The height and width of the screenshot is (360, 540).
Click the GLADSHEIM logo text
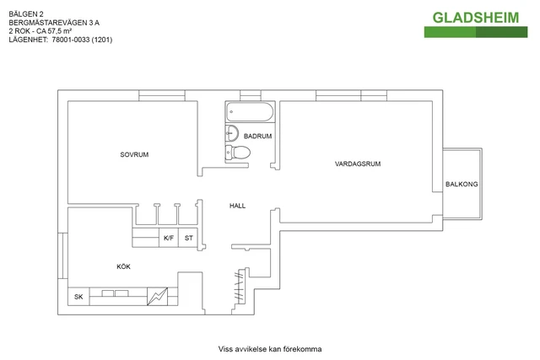tap(476, 18)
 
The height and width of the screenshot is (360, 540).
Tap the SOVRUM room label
tap(134, 155)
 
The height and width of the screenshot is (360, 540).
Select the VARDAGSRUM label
tap(358, 164)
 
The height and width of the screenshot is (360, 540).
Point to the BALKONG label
tap(462, 184)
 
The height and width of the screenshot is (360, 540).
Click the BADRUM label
tap(257, 137)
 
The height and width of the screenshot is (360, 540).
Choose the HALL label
tap(238, 206)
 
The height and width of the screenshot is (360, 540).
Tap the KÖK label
tap(124, 266)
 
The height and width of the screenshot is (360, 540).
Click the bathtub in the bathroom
tap(250, 111)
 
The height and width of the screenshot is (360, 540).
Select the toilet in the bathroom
tap(237, 152)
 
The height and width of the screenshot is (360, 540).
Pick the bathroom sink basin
tap(232, 133)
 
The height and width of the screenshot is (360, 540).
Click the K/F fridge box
tap(169, 238)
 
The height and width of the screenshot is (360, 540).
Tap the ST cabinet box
tap(188, 238)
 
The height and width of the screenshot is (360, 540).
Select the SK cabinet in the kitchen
tap(78, 297)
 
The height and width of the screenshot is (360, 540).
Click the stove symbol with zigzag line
tap(158, 297)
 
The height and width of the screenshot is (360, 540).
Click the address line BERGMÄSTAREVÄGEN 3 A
tap(54, 23)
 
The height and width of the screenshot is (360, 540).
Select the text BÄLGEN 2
tap(26, 14)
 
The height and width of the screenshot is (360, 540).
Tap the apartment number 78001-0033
tap(71, 40)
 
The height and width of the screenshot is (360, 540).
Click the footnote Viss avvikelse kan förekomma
tap(270, 349)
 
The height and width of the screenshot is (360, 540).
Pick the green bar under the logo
tap(476, 32)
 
